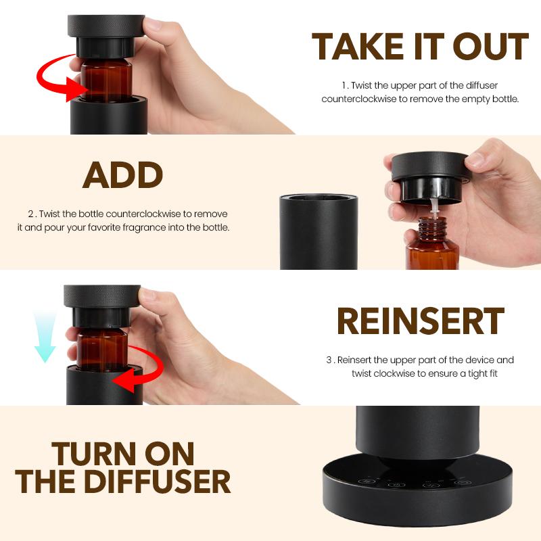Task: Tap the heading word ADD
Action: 122,175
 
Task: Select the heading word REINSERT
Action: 420,321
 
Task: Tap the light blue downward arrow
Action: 45,338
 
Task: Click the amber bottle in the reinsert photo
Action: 103,350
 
